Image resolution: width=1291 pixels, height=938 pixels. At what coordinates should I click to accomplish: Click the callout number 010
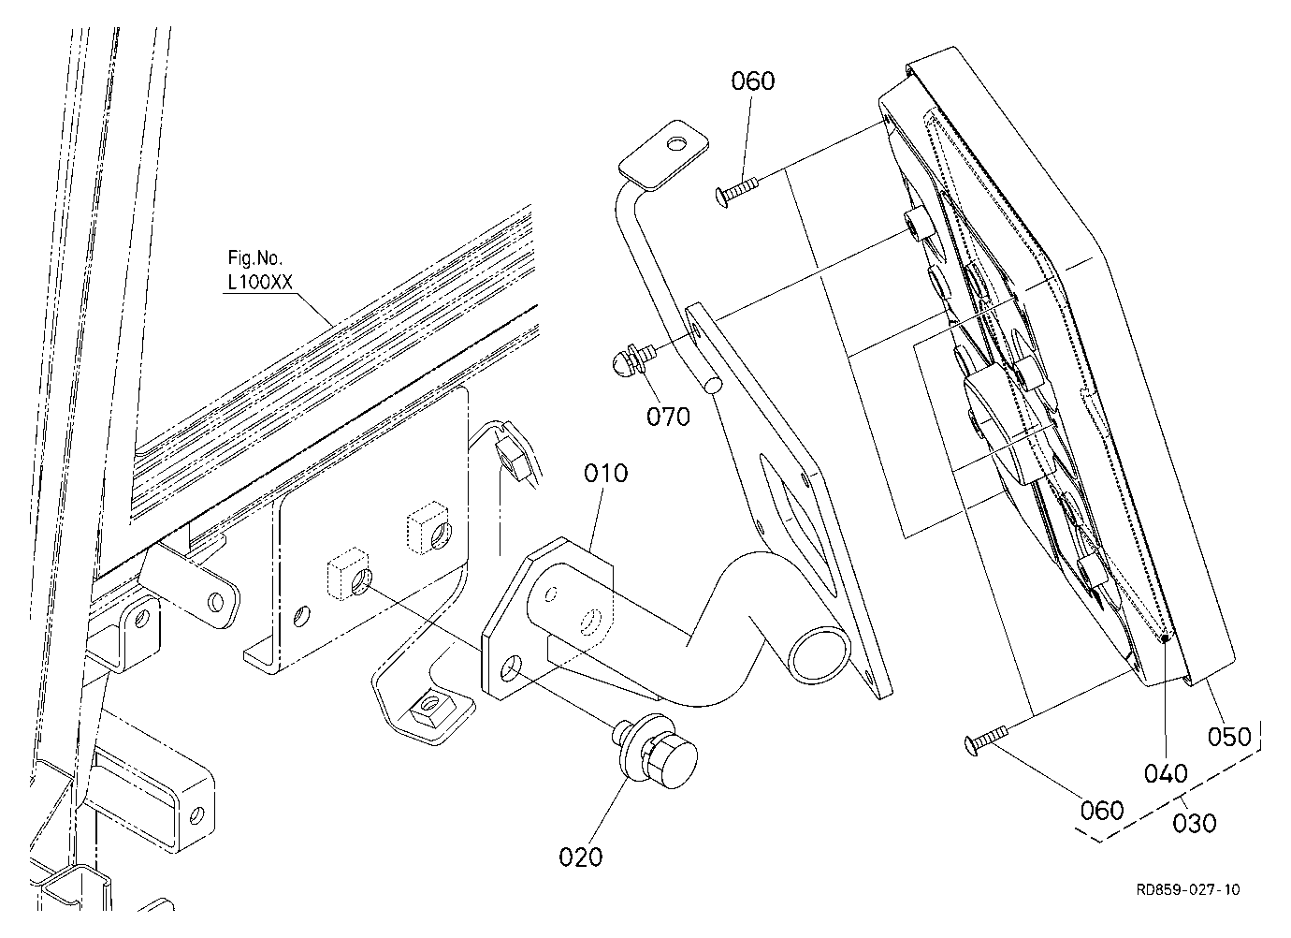[605, 474]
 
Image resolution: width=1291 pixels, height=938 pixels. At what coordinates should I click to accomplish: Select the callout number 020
[581, 857]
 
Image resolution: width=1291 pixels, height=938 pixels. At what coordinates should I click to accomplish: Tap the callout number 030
[1195, 823]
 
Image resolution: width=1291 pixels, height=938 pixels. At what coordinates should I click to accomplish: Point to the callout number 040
[1166, 773]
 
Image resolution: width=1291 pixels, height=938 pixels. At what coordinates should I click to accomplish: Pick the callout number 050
[1230, 737]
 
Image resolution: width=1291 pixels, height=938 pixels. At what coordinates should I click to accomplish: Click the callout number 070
[669, 417]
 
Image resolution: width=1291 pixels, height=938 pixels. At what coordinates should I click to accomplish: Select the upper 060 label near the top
[753, 81]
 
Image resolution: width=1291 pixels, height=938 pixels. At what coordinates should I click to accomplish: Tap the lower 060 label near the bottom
[1102, 811]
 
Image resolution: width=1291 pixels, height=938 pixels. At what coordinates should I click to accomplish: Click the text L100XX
[260, 282]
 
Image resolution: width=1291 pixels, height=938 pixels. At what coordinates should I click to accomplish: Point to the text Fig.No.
[255, 257]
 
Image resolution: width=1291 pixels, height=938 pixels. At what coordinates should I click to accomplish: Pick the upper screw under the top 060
[738, 193]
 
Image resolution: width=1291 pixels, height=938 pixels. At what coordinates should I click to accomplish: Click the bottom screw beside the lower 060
[986, 740]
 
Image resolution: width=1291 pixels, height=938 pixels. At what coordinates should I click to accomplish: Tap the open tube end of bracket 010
[819, 655]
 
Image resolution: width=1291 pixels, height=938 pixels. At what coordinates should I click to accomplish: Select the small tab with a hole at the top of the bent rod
[663, 155]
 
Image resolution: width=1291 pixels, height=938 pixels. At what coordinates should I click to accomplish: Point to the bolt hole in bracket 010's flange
[510, 668]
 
